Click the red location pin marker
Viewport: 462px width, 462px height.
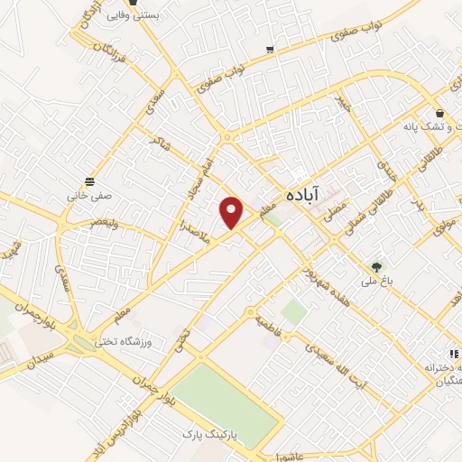pos(232,212)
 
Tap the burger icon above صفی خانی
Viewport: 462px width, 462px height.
pos(88,179)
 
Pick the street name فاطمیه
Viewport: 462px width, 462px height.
pos(269,320)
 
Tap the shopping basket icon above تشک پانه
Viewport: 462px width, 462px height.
pos(439,115)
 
